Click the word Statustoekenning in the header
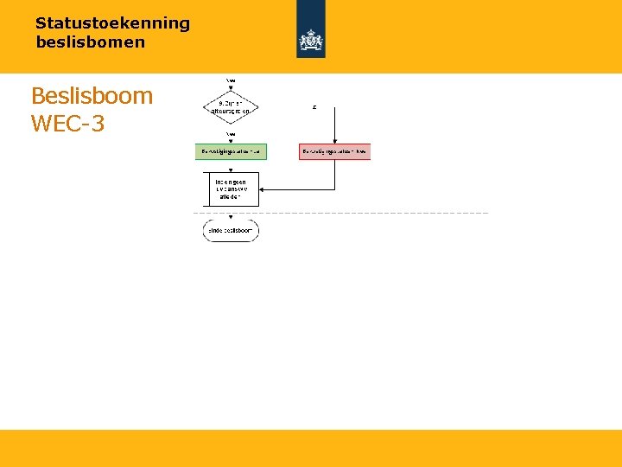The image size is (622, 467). [112, 23]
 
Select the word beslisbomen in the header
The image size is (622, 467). [91, 42]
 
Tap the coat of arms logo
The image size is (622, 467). [311, 40]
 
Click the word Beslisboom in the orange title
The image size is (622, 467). [92, 95]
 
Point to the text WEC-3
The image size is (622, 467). [67, 124]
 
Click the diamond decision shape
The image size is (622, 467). [231, 107]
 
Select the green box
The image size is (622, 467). [231, 151]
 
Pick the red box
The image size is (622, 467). [334, 151]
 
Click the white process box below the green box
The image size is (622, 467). [231, 189]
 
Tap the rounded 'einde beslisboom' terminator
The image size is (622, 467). [231, 231]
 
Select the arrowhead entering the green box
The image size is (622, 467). [231, 141]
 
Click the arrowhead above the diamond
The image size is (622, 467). [231, 87]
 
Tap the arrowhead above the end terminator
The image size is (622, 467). [231, 218]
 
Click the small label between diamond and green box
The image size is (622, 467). [231, 134]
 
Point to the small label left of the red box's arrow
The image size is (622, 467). [314, 107]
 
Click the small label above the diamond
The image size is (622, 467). [231, 80]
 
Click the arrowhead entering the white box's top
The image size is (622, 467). [231, 171]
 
